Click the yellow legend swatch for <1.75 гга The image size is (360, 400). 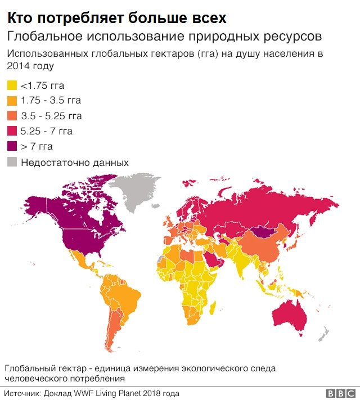[x=12, y=86]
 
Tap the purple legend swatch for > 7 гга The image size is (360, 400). [x=12, y=147]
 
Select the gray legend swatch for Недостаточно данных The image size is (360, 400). [x=12, y=163]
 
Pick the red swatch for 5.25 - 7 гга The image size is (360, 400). [x=12, y=132]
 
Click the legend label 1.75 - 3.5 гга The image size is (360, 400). [x=51, y=101]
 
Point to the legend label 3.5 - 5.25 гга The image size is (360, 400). [x=51, y=116]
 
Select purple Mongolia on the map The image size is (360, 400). [x=260, y=231]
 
